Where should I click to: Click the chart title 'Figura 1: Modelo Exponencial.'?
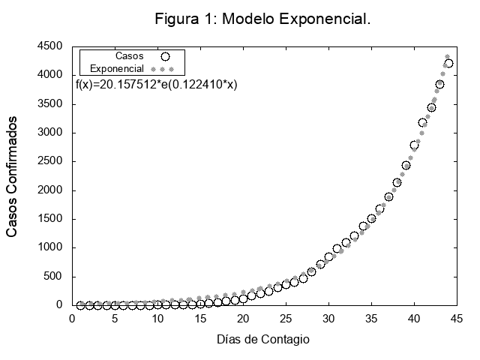(262, 18)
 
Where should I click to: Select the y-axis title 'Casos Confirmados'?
(13, 176)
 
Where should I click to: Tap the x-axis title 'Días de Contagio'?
(262, 339)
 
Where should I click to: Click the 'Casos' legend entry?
(130, 55)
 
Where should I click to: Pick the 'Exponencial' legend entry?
(117, 68)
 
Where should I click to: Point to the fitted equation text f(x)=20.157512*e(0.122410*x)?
(157, 85)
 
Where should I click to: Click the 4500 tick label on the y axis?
(50, 46)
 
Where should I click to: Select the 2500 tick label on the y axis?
(50, 162)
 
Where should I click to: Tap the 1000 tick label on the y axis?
(50, 248)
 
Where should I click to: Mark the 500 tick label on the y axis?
(53, 277)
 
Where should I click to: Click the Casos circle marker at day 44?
(448, 63)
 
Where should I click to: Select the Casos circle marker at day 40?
(414, 145)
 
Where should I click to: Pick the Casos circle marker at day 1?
(81, 305)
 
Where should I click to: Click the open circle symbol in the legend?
(166, 55)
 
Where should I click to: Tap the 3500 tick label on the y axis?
(50, 104)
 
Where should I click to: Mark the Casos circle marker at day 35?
(371, 219)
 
